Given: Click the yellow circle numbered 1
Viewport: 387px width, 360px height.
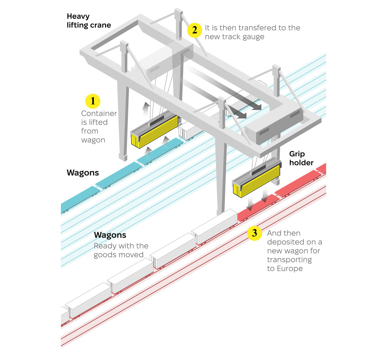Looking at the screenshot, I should [x=93, y=101].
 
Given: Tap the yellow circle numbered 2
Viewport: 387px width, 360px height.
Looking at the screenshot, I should [x=195, y=30].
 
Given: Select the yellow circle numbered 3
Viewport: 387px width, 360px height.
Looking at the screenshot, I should [x=255, y=233].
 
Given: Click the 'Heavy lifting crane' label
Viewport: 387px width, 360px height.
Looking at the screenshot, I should [x=88, y=21].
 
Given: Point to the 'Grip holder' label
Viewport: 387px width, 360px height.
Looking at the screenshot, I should [x=301, y=158].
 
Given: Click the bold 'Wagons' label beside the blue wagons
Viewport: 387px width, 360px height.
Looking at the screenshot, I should [x=83, y=173].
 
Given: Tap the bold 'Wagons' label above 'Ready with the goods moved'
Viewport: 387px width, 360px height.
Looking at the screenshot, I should [x=110, y=235].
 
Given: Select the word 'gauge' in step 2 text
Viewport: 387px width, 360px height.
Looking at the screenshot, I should [x=254, y=37].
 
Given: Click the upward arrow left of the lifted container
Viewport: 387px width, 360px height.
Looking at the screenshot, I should [x=145, y=108].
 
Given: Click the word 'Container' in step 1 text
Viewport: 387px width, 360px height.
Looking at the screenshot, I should [x=99, y=113].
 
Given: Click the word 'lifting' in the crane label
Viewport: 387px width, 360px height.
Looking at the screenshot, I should [x=78, y=25].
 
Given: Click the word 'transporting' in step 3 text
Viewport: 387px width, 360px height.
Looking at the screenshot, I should [x=289, y=260].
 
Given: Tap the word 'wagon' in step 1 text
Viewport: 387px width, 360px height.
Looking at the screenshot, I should [x=93, y=140].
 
